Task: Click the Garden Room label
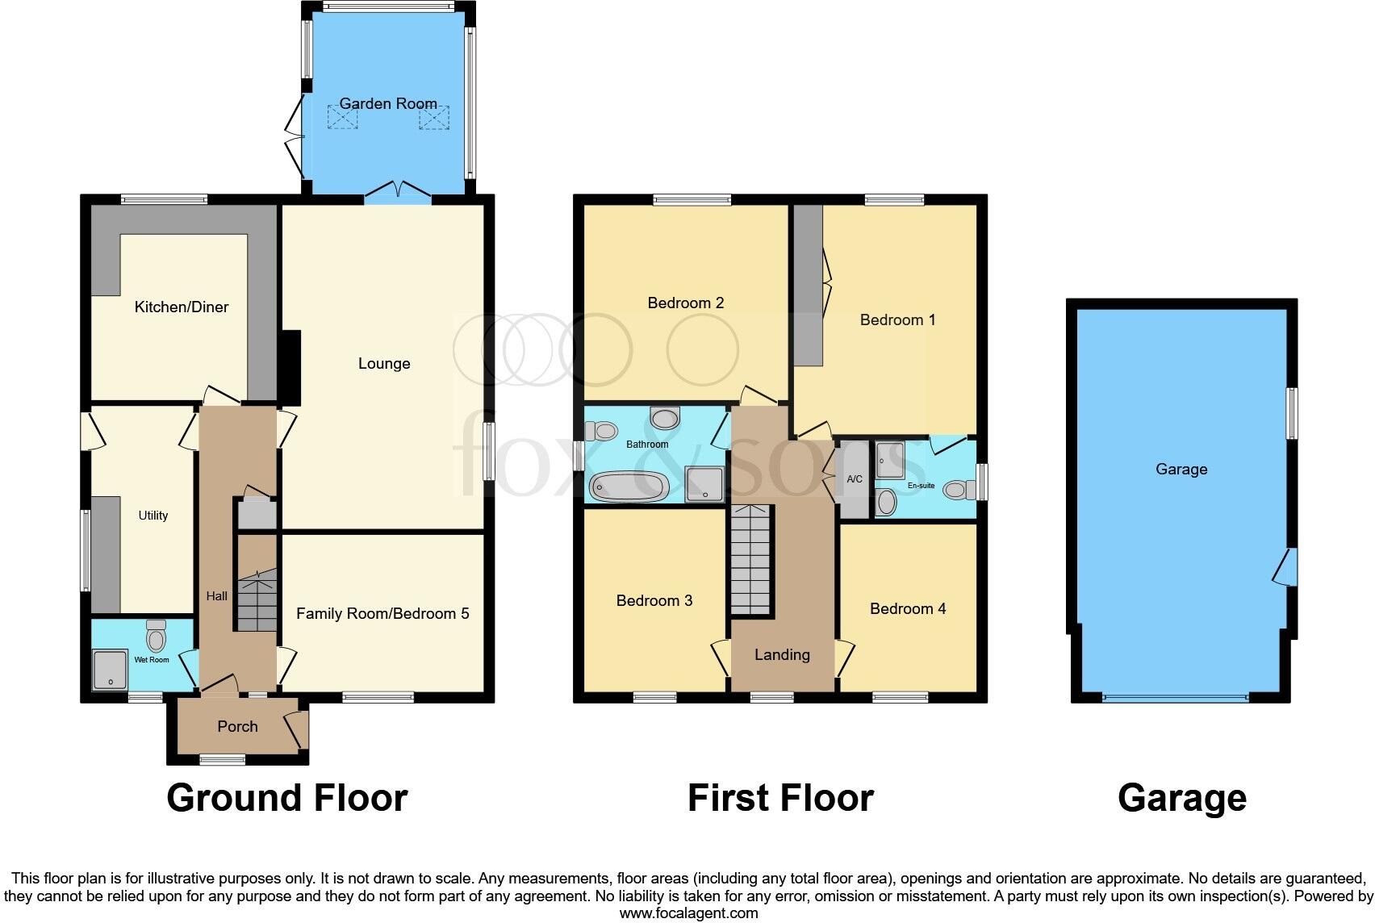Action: click(388, 103)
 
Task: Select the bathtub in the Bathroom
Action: click(629, 487)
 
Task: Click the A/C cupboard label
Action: click(855, 479)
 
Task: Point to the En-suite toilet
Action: click(955, 490)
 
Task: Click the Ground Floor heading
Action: click(286, 798)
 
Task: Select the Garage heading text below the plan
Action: click(1181, 798)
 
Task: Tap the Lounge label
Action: click(384, 364)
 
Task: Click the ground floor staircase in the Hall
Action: click(257, 601)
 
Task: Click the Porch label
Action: click(237, 727)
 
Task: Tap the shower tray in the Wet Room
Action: click(110, 670)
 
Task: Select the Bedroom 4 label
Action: click(908, 609)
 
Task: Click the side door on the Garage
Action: click(1286, 566)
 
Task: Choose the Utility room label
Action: click(153, 516)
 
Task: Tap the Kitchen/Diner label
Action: click(182, 307)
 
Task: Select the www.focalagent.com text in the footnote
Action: click(688, 913)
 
